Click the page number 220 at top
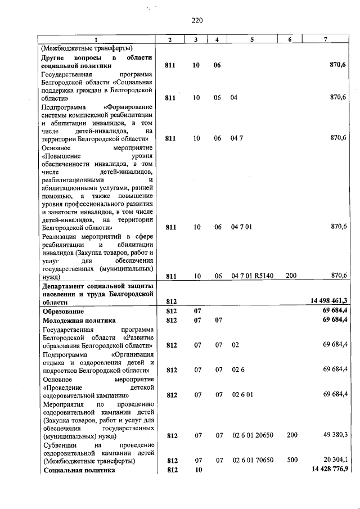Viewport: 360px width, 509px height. pyautogui.click(x=196, y=21)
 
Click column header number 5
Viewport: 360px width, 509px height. pyautogui.click(x=252, y=39)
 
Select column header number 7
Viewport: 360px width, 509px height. pyautogui.click(x=326, y=39)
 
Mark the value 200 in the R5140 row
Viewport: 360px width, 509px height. pyautogui.click(x=291, y=276)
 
